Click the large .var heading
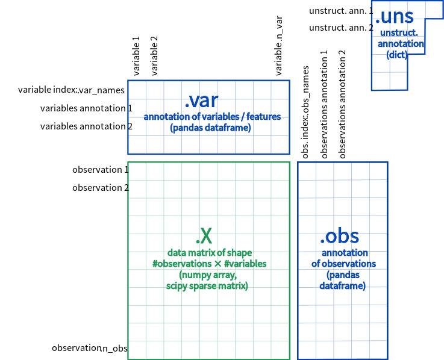tap(201, 100)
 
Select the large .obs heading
tap(339, 236)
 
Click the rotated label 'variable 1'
tap(136, 55)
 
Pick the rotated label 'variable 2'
tap(154, 55)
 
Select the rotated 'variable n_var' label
tap(279, 46)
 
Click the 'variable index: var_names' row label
tap(71, 90)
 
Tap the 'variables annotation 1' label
tap(86, 108)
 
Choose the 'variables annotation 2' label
tap(86, 126)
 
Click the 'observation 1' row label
tap(101, 170)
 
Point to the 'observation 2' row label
tap(101, 188)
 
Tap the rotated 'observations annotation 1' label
tap(325, 105)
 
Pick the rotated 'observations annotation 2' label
tap(343, 105)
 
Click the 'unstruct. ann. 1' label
tap(341, 11)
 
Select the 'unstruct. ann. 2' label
tap(341, 28)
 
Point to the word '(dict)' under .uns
tap(397, 55)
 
